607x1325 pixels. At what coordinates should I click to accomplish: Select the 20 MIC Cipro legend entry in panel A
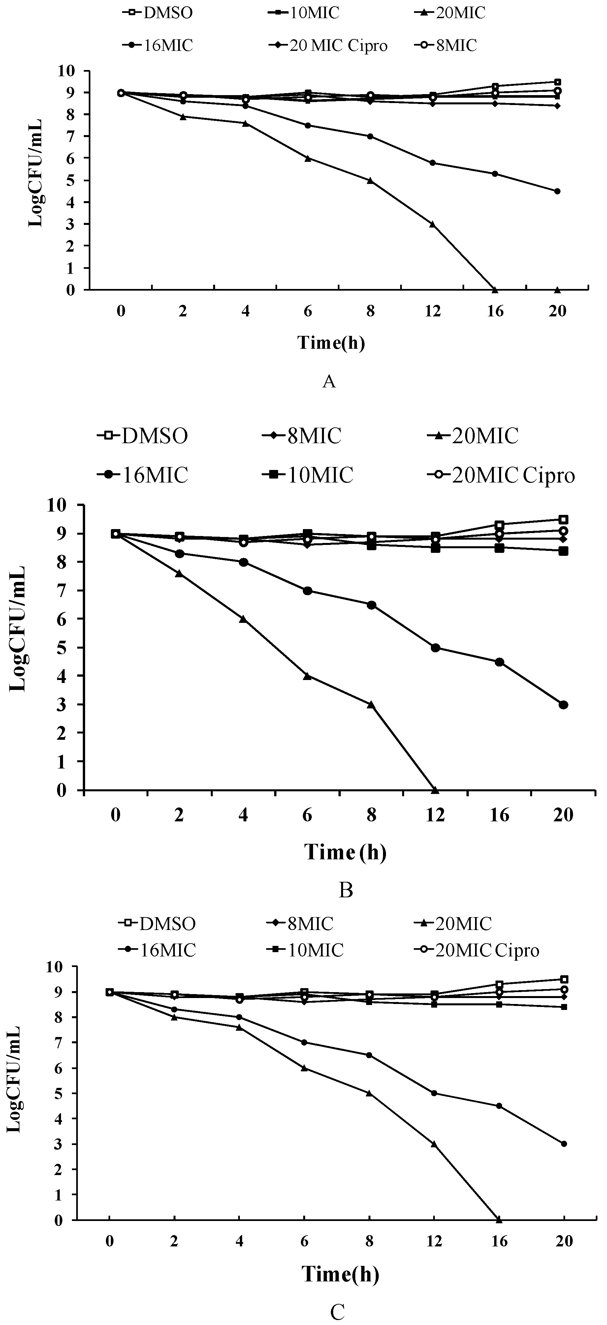point(329,46)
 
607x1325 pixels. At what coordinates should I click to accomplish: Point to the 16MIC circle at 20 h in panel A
point(557,191)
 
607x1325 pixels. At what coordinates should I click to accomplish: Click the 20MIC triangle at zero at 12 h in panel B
point(435,790)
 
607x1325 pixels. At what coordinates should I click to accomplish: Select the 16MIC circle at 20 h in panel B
point(563,705)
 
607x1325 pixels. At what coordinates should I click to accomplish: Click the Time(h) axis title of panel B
point(345,852)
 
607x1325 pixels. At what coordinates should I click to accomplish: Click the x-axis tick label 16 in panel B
point(499,815)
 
